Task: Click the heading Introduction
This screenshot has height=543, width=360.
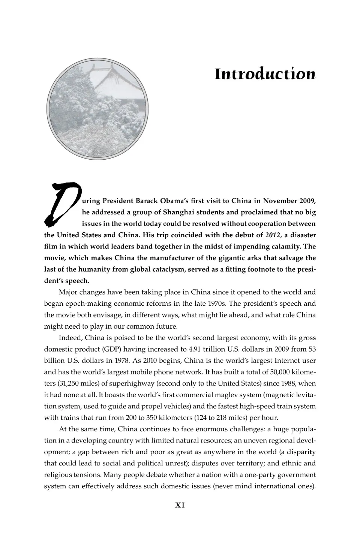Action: (x=265, y=74)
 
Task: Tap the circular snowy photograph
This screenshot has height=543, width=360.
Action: (x=97, y=109)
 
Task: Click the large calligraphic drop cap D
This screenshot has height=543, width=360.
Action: (x=62, y=204)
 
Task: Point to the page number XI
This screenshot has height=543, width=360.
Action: (x=180, y=505)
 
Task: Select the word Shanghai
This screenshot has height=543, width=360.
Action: (x=178, y=212)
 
